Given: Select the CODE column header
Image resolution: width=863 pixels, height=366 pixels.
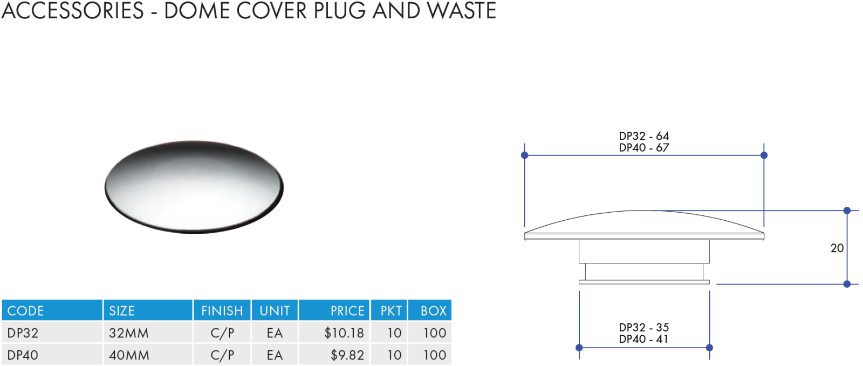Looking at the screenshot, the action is [25, 311].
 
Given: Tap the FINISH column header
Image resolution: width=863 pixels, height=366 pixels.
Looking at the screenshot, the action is [222, 311].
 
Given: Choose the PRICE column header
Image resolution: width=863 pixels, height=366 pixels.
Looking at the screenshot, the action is [347, 311].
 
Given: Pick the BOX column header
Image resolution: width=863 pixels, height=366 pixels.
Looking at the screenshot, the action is [434, 311].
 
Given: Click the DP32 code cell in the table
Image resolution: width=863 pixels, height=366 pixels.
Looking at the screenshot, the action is [23, 333].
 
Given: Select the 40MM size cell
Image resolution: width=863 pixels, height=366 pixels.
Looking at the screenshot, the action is [129, 355].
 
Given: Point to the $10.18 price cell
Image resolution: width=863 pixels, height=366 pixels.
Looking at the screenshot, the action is [344, 333].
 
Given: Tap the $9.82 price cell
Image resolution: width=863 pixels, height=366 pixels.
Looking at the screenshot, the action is [347, 355].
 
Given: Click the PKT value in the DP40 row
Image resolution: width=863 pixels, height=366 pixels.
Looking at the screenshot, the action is [394, 355].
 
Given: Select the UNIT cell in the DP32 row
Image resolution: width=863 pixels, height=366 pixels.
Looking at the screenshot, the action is [275, 333].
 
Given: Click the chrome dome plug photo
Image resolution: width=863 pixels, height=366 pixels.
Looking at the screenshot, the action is [194, 187].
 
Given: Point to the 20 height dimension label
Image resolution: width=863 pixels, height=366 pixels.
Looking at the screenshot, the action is [837, 248].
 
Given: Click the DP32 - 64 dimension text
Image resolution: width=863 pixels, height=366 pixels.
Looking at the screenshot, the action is [644, 135].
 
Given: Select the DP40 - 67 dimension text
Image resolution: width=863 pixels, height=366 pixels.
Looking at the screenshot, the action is [644, 147].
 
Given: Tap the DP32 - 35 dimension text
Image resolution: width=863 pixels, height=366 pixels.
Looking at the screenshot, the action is [644, 328].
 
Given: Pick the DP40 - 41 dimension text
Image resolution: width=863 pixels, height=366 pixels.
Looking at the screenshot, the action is [643, 339].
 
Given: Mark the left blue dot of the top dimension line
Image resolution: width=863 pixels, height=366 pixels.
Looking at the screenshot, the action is [524, 155].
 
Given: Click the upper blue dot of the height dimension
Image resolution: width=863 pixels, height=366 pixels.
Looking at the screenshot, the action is [847, 211].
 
